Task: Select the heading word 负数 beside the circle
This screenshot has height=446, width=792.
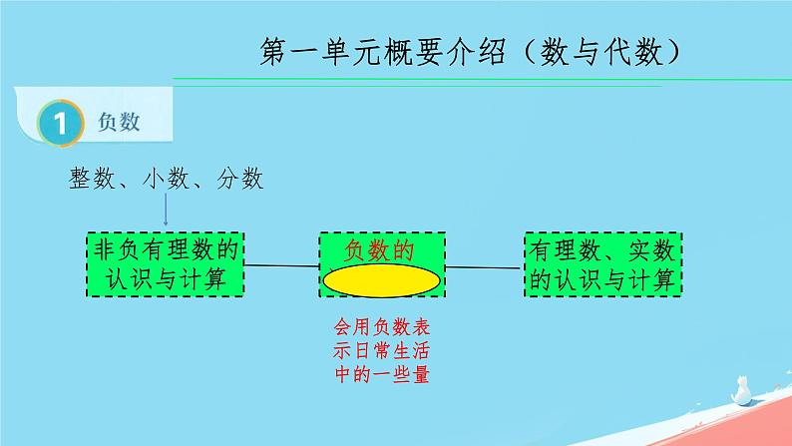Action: tap(118, 123)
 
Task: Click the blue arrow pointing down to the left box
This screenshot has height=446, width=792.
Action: tap(166, 212)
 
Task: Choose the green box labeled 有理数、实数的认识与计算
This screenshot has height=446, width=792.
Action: tap(603, 264)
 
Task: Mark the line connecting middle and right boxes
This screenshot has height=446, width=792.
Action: tap(484, 267)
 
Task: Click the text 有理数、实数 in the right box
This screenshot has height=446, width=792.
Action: tap(603, 249)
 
